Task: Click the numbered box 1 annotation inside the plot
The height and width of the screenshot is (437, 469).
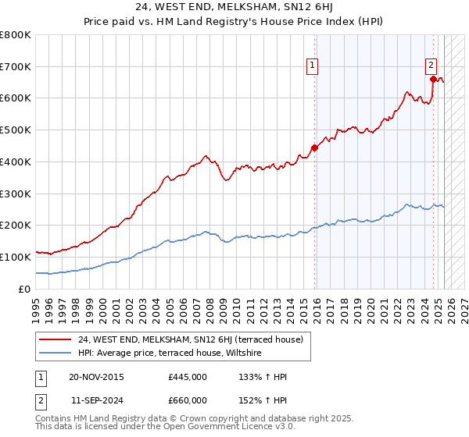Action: coord(312,66)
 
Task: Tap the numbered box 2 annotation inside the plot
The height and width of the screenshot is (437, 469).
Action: coord(431,66)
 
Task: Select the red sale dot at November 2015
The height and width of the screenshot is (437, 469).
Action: coord(315,147)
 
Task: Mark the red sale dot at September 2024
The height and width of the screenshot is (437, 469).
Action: coord(433,78)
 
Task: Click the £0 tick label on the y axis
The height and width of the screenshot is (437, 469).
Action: coord(25,289)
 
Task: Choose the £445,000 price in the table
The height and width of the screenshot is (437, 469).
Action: coord(187,377)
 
